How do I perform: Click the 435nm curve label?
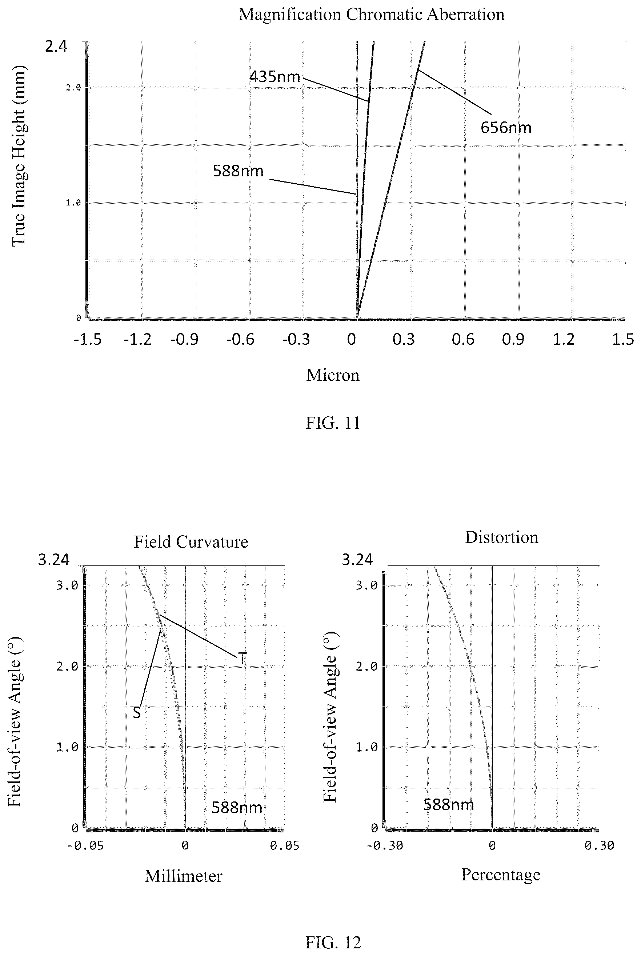(x=275, y=76)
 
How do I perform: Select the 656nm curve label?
(x=506, y=128)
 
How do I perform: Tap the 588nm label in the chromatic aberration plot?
(x=238, y=171)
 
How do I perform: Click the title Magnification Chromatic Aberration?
(x=371, y=14)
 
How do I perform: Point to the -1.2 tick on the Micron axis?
(x=138, y=339)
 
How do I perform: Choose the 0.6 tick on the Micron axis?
(x=463, y=339)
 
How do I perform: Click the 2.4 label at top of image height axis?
(x=56, y=47)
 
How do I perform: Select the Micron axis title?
(x=333, y=375)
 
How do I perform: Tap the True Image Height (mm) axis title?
(x=19, y=156)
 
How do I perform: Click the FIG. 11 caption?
(x=333, y=423)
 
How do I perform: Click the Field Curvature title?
(x=191, y=542)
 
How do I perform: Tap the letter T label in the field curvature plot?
(x=243, y=658)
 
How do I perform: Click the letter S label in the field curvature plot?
(x=137, y=713)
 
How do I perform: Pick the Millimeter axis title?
(x=184, y=876)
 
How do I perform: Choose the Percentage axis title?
(x=501, y=875)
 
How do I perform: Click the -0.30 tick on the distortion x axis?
(x=385, y=845)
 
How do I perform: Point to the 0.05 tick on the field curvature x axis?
(x=285, y=845)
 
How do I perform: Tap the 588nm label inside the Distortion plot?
(x=448, y=805)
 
